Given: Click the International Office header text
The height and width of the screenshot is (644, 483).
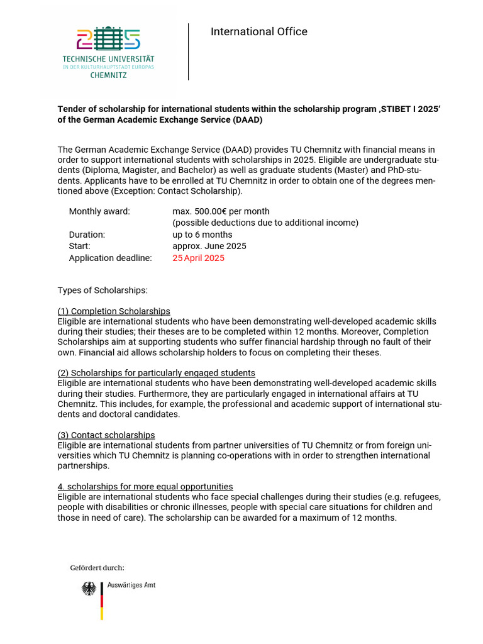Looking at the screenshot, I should coord(258,31).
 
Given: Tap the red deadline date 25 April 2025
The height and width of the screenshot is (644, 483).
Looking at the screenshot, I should coord(198,258).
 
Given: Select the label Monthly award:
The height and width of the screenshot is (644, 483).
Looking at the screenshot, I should coord(99,211).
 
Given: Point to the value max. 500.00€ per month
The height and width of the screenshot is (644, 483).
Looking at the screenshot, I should coord(221,211).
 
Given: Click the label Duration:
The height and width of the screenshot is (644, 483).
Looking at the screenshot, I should coord(87,235).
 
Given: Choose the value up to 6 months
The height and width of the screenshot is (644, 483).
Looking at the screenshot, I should coord(202,235).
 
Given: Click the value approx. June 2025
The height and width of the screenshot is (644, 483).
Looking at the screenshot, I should coord(209,246).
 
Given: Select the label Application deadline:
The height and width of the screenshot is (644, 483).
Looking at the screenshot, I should coord(110,258).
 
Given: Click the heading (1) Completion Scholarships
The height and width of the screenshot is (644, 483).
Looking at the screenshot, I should coord(114,311).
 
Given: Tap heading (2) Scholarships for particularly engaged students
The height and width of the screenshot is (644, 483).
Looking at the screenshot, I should coord(156,373).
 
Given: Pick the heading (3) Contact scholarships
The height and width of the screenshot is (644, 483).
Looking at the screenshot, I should coord(106,435).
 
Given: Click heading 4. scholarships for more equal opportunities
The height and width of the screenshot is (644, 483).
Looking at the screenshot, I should coord(145,486).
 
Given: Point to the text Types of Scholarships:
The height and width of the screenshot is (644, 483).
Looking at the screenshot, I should coord(103,291).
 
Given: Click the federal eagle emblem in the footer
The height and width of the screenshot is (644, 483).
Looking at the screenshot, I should coord(89,589).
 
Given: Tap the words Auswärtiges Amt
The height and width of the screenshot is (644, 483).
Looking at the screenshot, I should coord(131,585).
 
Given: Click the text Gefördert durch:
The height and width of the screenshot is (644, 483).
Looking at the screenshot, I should coord(97,568).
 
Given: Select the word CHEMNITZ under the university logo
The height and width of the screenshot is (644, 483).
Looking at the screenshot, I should coord(108,75).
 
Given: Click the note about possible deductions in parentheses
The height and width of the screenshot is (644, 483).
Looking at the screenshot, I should coord(265,223).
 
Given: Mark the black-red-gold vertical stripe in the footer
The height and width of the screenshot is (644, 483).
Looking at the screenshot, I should coord(101,601).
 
